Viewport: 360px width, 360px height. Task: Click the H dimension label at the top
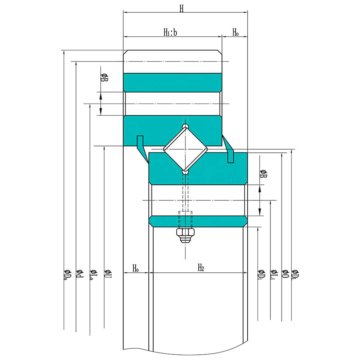click(182, 8)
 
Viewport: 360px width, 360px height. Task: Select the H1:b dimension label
click(170, 32)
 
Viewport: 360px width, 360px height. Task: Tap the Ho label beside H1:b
click(236, 32)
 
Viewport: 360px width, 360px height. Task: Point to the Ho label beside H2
click(136, 268)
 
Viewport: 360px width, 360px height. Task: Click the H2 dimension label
click(201, 268)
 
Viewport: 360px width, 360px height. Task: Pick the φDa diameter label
click(66, 274)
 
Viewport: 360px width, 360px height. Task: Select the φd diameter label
click(78, 273)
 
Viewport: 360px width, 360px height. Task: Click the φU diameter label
click(108, 274)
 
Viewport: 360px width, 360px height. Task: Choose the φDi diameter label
click(261, 274)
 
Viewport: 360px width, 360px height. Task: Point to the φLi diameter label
click(273, 274)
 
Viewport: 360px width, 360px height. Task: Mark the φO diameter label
click(285, 274)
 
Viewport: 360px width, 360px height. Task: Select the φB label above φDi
click(263, 174)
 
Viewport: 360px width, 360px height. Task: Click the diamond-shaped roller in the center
click(185, 149)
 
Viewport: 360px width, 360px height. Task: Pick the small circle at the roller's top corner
click(185, 126)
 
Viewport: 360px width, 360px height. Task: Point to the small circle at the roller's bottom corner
click(185, 172)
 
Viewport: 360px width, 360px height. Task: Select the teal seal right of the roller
click(229, 149)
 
